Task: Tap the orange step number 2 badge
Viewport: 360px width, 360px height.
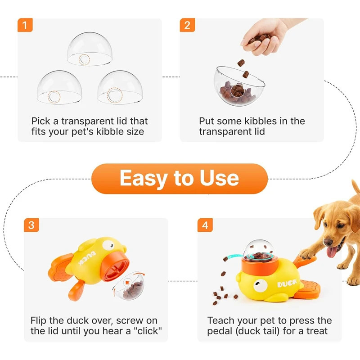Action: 187,25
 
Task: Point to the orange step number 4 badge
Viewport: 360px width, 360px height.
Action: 205,225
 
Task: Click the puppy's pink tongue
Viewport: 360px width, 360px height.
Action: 332,252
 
